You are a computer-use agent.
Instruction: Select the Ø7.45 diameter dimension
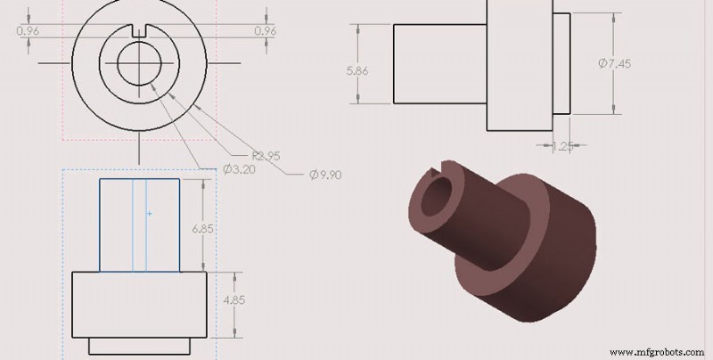tap(614, 63)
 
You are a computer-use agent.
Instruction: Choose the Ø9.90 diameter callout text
tap(326, 175)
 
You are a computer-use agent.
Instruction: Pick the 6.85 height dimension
tap(205, 229)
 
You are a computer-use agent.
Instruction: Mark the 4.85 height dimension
tap(234, 299)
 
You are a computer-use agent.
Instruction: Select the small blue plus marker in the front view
tap(149, 214)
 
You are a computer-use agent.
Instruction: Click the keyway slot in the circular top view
tap(139, 32)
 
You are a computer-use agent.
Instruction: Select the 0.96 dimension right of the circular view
tap(265, 30)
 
